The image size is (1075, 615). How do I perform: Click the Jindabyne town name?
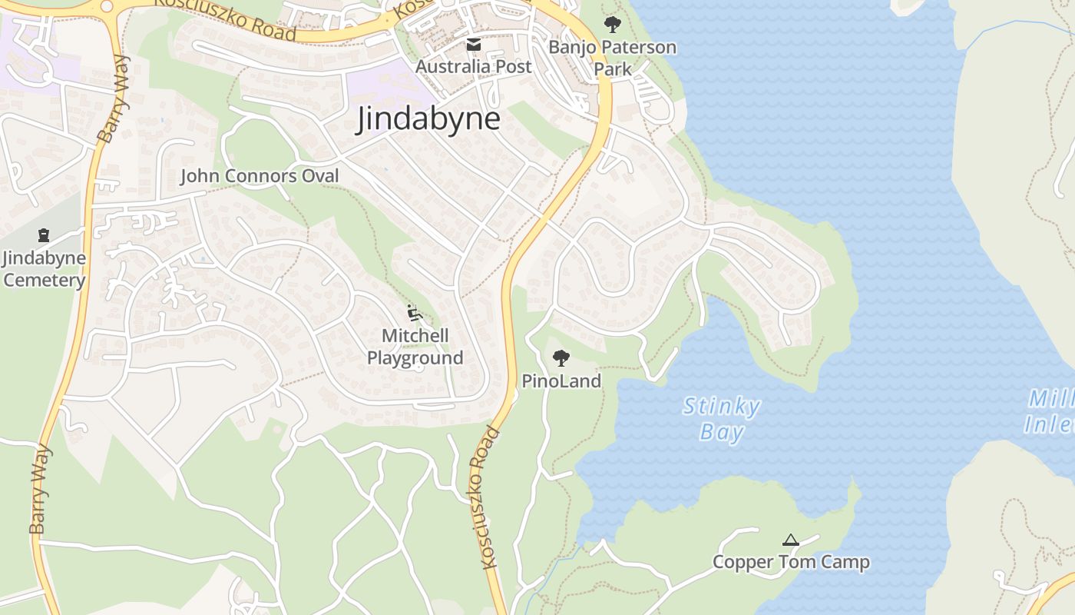428,120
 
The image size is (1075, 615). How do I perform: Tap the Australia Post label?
473,67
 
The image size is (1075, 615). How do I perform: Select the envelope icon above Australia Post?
474,45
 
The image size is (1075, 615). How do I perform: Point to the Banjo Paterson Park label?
612,58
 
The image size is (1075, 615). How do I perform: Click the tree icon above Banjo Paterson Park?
612,25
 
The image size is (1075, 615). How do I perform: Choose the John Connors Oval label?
259,177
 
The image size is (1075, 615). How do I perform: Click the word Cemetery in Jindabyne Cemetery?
45,280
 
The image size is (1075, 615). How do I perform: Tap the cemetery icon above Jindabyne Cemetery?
44,235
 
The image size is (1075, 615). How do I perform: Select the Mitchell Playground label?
415,347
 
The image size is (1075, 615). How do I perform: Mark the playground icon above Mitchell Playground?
415,313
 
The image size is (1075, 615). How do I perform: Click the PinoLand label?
561,381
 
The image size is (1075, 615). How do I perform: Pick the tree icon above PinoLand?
561,357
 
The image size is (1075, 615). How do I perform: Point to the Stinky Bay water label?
722,419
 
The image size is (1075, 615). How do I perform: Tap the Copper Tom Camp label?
791,562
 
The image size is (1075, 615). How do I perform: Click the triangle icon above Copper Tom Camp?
791,540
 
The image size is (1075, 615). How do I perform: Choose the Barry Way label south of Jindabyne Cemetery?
39,489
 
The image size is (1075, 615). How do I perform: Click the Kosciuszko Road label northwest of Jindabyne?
225,18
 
